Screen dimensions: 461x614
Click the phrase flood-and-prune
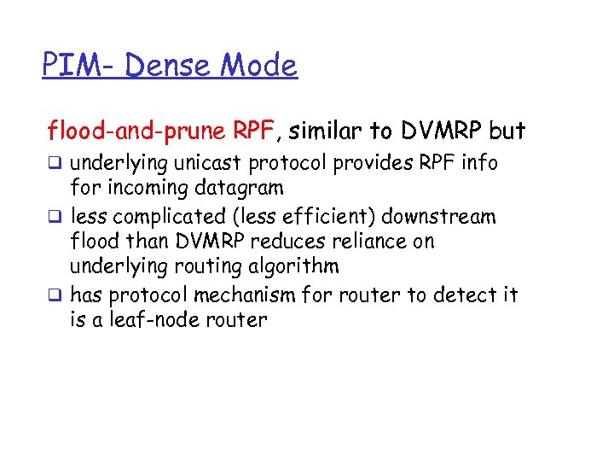[x=136, y=131]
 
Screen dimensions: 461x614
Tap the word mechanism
[x=242, y=295]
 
